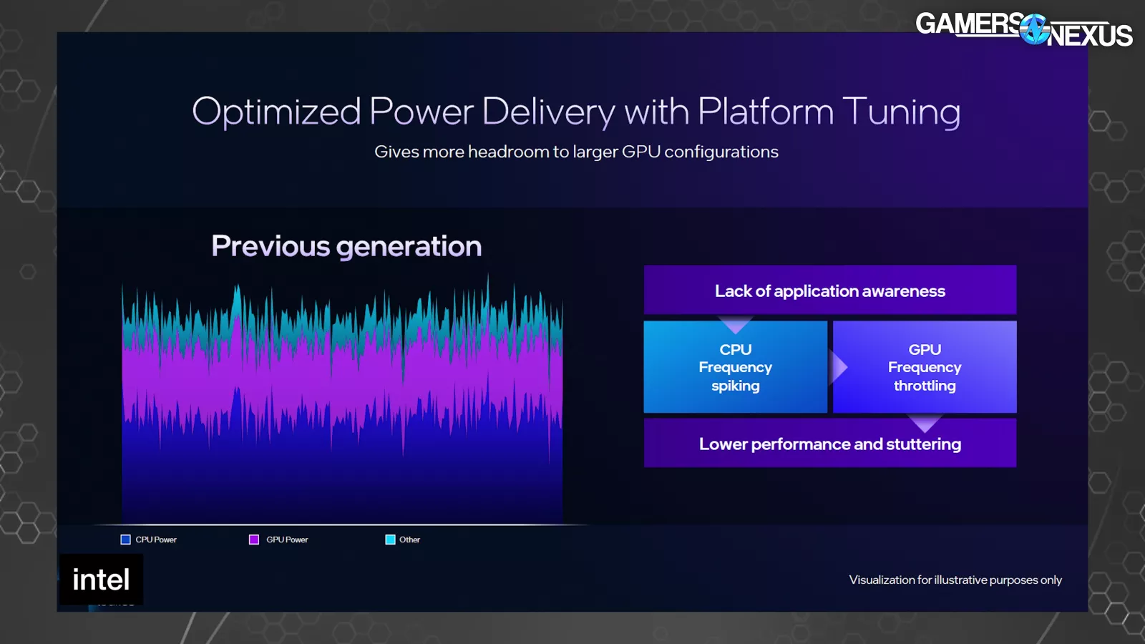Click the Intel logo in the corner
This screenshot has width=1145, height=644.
click(x=101, y=580)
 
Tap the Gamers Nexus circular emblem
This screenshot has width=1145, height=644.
click(x=1035, y=29)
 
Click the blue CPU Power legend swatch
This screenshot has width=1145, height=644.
click(x=125, y=540)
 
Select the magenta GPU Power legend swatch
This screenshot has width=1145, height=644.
click(x=253, y=540)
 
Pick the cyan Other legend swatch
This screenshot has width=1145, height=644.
click(x=390, y=540)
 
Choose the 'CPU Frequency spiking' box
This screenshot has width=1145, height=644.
click(x=736, y=367)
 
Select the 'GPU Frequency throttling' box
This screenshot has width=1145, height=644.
click(x=925, y=367)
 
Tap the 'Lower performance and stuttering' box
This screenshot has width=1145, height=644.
click(x=830, y=443)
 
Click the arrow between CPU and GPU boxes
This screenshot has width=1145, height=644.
click(x=839, y=367)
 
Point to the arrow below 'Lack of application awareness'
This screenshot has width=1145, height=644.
click(x=735, y=324)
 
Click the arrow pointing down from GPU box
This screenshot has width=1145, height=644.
click(x=925, y=423)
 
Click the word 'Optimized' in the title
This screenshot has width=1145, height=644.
click(x=276, y=112)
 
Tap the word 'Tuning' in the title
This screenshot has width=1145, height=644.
click(x=901, y=112)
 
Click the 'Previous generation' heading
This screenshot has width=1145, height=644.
click(x=346, y=246)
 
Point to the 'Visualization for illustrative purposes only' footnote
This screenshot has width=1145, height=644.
click(x=955, y=580)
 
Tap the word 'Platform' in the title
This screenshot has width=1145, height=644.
click(x=766, y=111)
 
